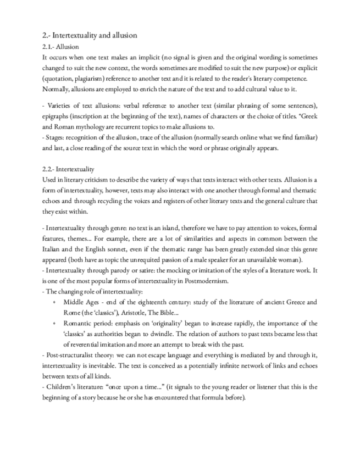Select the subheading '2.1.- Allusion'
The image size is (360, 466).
click(x=60, y=47)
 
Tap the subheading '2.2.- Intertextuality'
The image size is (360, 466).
click(x=68, y=169)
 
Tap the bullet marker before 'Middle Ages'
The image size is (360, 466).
click(x=53, y=302)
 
